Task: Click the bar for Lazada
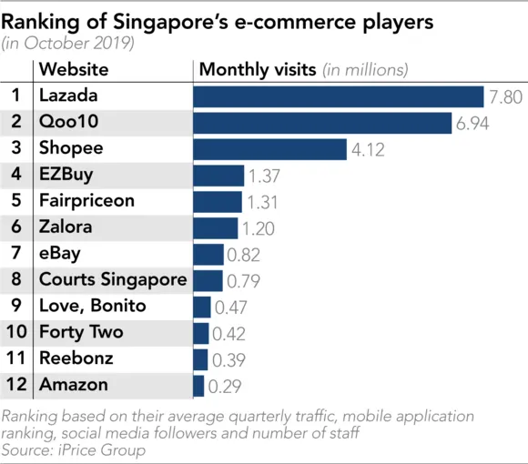coord(338,96)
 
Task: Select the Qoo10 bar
coord(322,123)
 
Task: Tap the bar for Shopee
coord(269,149)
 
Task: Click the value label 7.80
coord(504,96)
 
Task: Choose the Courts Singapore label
coord(113,280)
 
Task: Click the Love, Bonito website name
coord(92,307)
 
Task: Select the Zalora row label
coord(66,227)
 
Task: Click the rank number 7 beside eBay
coord(16,254)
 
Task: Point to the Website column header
coord(74,69)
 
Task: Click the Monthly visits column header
coord(258,69)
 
